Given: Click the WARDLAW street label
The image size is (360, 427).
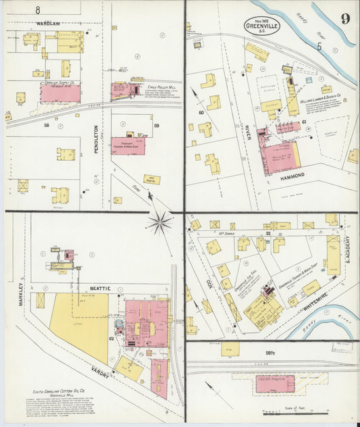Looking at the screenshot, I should tap(48, 24).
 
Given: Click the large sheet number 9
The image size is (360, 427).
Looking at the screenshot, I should tap(345, 18).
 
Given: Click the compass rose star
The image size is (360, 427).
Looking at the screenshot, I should tap(160, 222).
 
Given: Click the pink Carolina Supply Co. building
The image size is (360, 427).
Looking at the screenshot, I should tap(59, 93).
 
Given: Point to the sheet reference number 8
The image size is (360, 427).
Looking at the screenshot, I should tap(38, 9).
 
